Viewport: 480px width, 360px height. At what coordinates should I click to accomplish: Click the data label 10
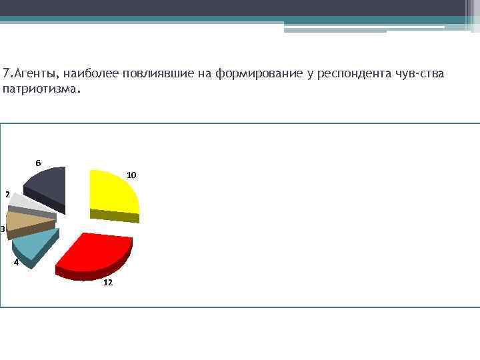point(131,175)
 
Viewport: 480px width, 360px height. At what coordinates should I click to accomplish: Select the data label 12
point(107,283)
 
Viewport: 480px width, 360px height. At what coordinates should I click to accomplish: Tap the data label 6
point(38,163)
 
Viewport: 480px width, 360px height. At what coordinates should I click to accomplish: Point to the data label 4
point(16,263)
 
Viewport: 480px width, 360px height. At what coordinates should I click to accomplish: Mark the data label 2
point(7,195)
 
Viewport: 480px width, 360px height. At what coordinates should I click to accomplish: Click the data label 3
point(3,229)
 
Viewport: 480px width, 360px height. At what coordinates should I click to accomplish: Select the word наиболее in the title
point(85,73)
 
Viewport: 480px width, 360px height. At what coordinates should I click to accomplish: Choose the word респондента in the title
point(350,73)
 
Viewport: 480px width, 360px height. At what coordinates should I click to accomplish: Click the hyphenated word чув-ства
point(418,73)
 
